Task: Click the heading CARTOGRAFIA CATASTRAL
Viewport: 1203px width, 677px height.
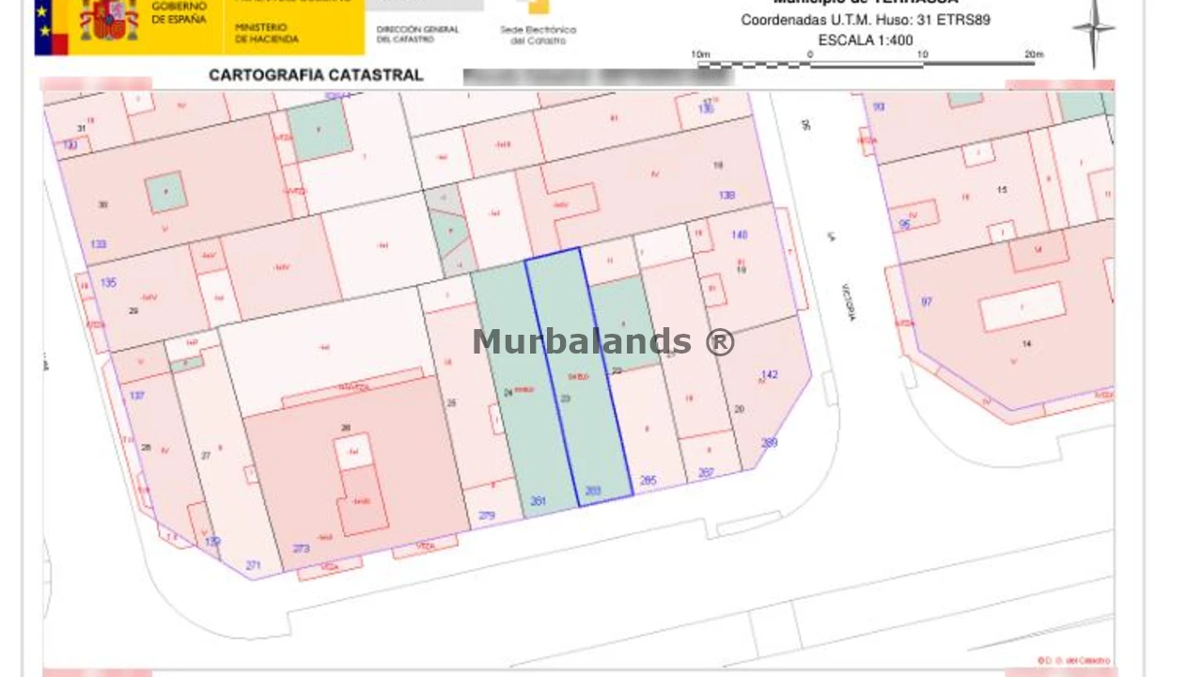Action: tap(316, 75)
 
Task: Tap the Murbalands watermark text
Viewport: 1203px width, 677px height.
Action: tap(603, 341)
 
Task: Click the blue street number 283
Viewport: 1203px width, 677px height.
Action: tap(593, 491)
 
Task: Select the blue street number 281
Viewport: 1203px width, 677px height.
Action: tap(539, 501)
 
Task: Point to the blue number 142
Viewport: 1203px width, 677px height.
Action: tap(769, 375)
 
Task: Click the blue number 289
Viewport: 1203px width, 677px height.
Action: tap(769, 443)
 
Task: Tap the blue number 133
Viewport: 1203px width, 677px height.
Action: tap(98, 244)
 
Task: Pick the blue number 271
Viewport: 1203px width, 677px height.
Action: tap(253, 565)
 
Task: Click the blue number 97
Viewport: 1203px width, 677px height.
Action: tap(927, 302)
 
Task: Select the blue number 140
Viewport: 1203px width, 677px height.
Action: tap(740, 235)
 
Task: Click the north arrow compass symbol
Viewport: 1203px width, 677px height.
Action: tap(1094, 30)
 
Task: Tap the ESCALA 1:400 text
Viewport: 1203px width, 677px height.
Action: tap(866, 40)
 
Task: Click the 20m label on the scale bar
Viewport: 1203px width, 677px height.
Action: tap(1034, 55)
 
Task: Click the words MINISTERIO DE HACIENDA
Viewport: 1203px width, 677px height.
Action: tap(267, 34)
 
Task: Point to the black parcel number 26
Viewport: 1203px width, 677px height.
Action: tap(346, 428)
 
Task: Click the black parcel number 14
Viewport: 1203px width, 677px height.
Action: tap(1026, 344)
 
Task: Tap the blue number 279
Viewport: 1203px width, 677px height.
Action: tap(486, 515)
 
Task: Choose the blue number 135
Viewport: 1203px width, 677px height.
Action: tap(108, 282)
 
